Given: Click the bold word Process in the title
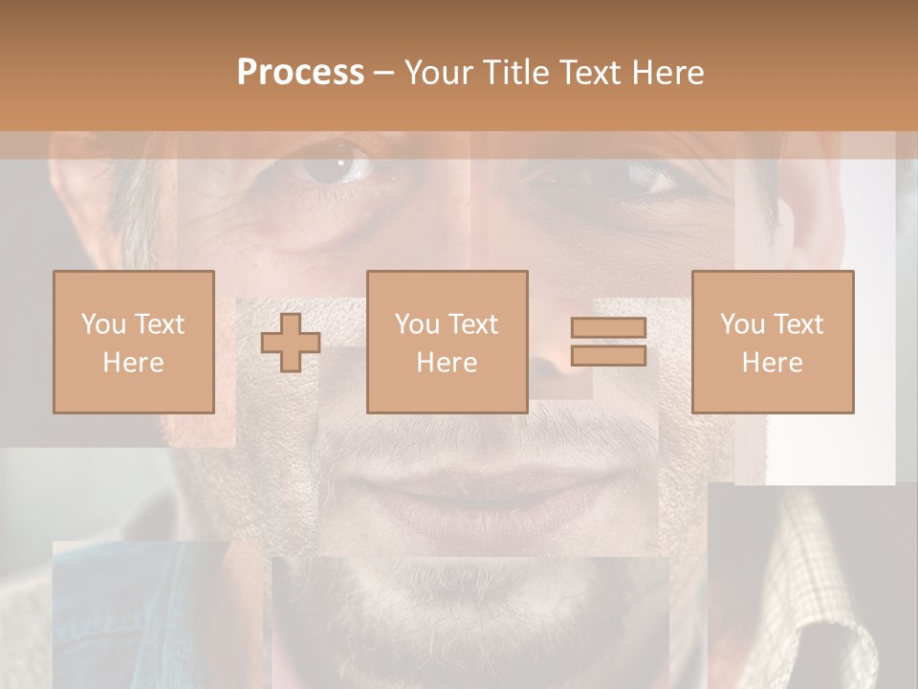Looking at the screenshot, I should pyautogui.click(x=300, y=73).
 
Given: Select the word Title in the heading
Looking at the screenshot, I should pyautogui.click(x=517, y=73).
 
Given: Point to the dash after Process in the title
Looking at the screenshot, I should pyautogui.click(x=383, y=74).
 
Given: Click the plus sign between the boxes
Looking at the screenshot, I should pyautogui.click(x=291, y=343).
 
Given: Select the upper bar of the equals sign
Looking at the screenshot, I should pyautogui.click(x=608, y=328).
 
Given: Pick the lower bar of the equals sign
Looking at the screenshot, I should pyautogui.click(x=608, y=356).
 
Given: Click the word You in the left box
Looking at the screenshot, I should pyautogui.click(x=103, y=324).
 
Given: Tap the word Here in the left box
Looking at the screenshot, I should pyautogui.click(x=133, y=363).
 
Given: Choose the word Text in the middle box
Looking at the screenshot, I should pyautogui.click(x=473, y=324).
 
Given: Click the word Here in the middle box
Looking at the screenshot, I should pyautogui.click(x=447, y=363).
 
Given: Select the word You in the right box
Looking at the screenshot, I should pyautogui.click(x=742, y=324).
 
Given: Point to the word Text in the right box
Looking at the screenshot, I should pyautogui.click(x=798, y=324).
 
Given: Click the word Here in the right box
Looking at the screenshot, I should pyautogui.click(x=772, y=363).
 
